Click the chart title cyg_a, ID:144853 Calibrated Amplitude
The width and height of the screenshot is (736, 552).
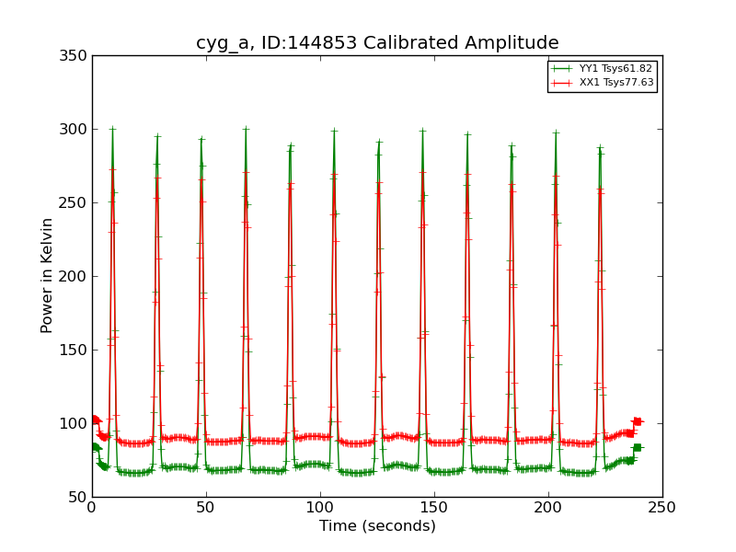377,43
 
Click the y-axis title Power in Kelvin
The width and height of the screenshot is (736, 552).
48,275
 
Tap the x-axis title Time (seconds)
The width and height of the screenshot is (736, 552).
377,526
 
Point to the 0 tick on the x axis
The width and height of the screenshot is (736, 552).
92,507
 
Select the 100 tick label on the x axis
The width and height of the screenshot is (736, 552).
320,507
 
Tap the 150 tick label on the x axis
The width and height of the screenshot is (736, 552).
434,507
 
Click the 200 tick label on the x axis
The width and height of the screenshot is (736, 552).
548,507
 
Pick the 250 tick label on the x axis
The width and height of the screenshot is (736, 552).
662,507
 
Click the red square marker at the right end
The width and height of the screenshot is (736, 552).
637,421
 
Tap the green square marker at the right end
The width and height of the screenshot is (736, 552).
637,447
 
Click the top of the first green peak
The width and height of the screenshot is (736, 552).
112,129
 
